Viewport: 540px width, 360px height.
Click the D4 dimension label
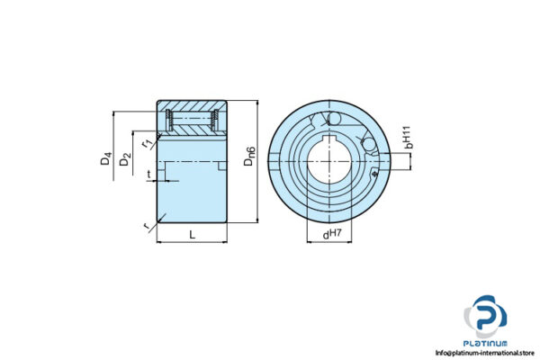click(106, 162)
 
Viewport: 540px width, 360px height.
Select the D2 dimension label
click(126, 162)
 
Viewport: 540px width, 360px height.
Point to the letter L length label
click(192, 235)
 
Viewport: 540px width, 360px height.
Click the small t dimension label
click(148, 175)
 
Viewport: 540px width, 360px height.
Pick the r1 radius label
click(145, 141)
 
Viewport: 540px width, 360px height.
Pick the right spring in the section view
click(216, 118)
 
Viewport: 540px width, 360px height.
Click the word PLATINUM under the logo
click(486, 343)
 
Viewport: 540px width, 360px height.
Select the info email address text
click(486, 353)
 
